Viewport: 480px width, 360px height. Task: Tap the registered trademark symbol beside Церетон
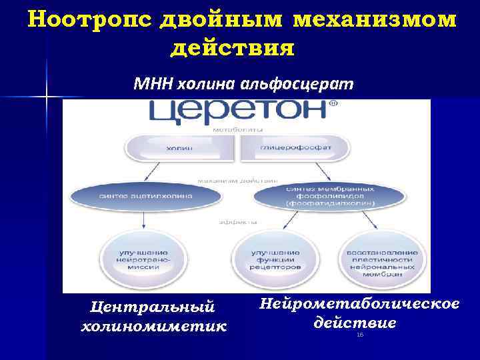[x=333, y=103]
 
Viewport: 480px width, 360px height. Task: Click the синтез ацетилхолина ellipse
[x=145, y=196]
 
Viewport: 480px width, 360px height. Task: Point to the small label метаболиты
[x=237, y=129]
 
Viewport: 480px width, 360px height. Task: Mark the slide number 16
[x=360, y=335]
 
